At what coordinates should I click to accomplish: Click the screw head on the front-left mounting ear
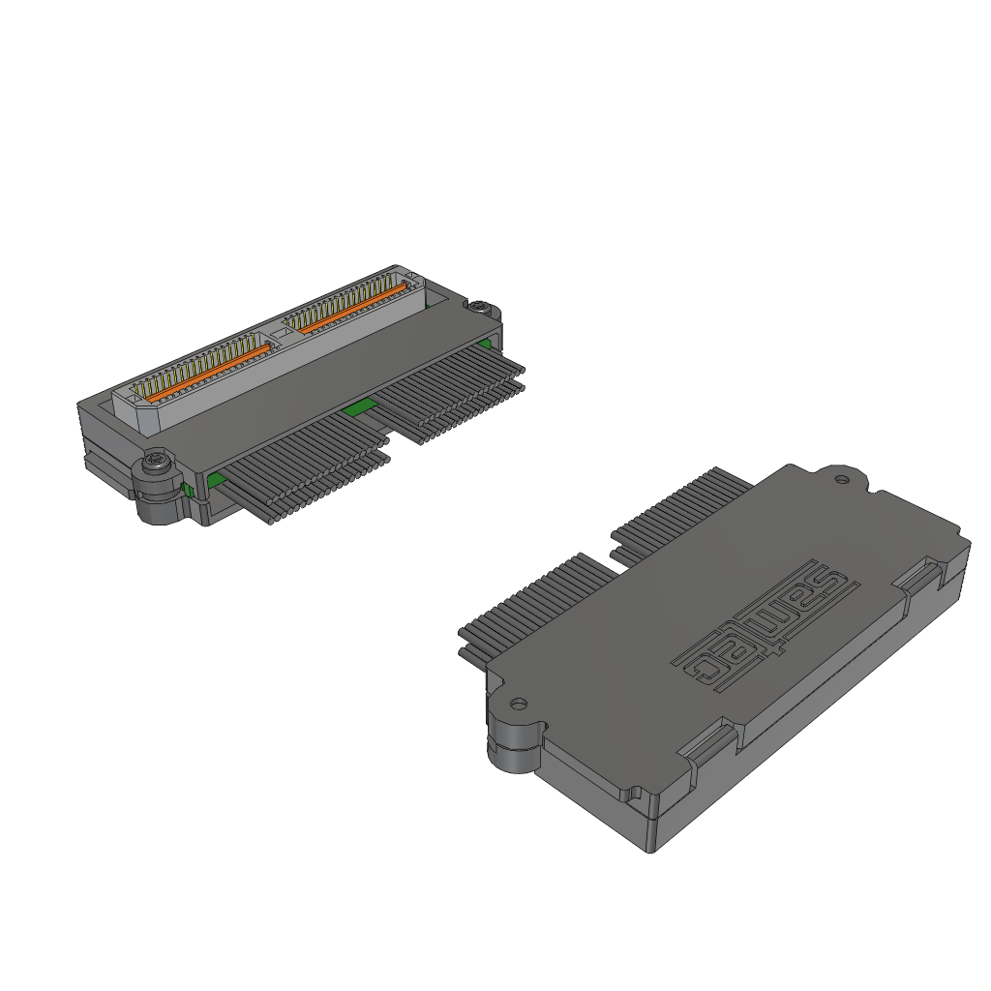pos(154,462)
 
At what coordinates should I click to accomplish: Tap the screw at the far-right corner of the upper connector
pos(480,306)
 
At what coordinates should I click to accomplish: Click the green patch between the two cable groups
pos(359,407)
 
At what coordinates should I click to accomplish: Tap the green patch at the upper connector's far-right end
pos(486,344)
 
